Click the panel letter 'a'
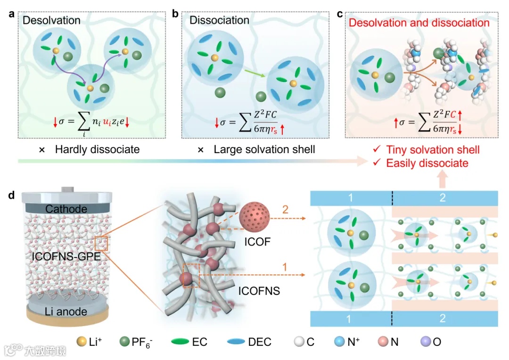(x=11, y=14)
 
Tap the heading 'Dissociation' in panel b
(x=219, y=20)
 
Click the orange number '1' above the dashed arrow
(x=284, y=267)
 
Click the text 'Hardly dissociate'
(x=97, y=150)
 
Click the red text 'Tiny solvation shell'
(x=433, y=150)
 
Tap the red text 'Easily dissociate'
(x=427, y=163)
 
